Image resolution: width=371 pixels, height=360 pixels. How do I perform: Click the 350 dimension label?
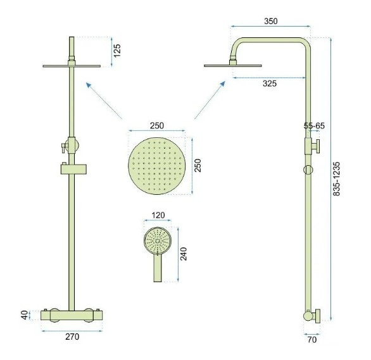[271, 21]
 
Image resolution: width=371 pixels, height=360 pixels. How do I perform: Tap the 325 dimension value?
[270, 84]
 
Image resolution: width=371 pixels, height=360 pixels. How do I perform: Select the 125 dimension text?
[117, 51]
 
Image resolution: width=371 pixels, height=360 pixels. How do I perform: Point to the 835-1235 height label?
[336, 178]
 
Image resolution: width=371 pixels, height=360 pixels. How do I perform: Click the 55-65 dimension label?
[314, 126]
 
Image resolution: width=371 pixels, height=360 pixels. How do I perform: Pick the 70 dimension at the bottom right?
[312, 340]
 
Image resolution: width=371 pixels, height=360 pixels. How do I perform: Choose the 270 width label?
[72, 337]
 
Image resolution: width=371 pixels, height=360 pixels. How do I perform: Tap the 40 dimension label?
[25, 315]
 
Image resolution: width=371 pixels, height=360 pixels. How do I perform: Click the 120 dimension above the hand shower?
[158, 215]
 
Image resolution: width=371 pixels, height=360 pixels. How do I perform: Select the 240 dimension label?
[184, 254]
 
